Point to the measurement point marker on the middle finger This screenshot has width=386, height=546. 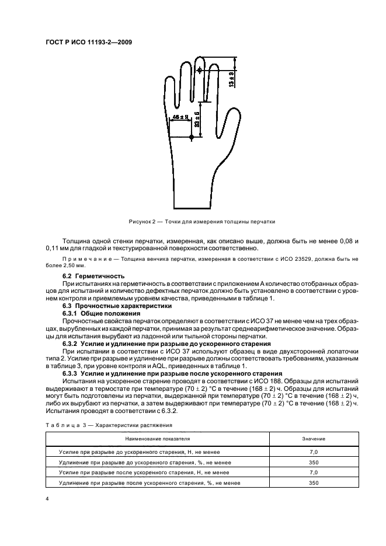coord(200,70)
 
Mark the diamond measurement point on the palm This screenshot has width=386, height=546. coord(192,138)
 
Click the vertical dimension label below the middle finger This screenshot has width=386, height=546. coord(198,120)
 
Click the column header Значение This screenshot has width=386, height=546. coord(314,438)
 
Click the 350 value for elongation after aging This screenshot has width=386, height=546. coord(314,483)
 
